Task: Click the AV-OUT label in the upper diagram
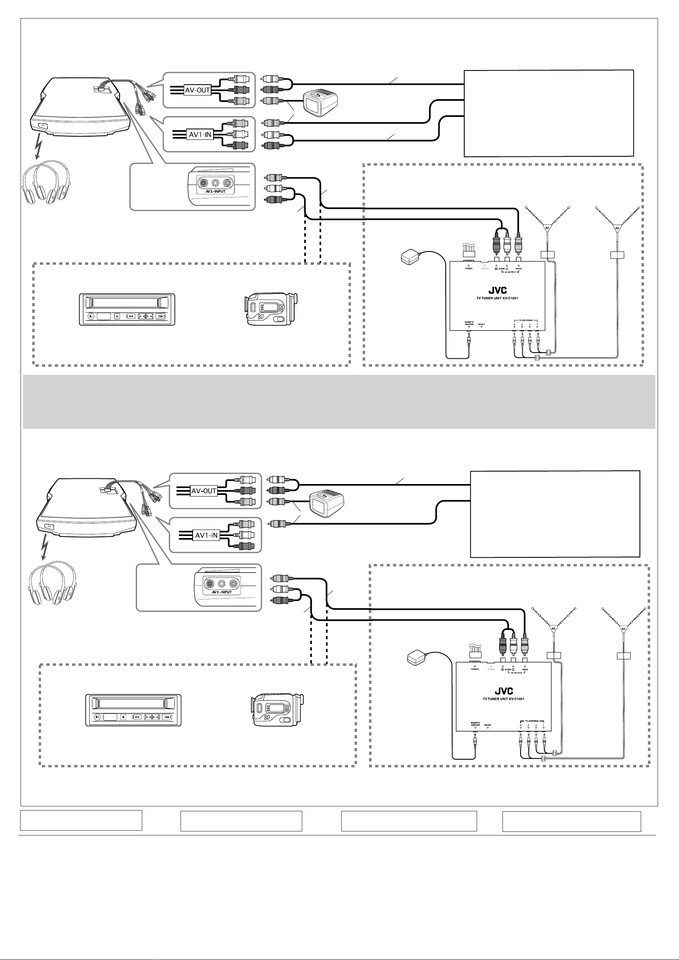tap(197, 90)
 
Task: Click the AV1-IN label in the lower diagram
tap(207, 535)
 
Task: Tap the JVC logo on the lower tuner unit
tap(504, 691)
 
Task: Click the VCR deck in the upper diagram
tap(127, 310)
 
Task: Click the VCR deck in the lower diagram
tap(133, 711)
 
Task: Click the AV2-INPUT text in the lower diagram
tap(222, 592)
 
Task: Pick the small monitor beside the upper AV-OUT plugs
tap(320, 103)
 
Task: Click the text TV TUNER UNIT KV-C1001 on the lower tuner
tap(503, 699)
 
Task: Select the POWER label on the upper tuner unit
tap(469, 268)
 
